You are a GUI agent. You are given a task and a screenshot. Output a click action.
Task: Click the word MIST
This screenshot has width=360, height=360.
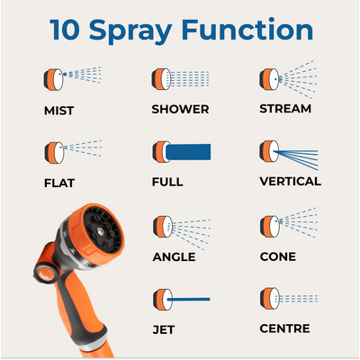click(x=58, y=112)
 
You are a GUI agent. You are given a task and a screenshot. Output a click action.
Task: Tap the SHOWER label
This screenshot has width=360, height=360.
click(x=180, y=110)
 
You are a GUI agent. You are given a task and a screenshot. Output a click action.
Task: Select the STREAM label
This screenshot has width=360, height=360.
click(x=284, y=109)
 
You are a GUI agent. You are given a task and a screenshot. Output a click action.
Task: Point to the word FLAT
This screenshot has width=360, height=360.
click(x=58, y=183)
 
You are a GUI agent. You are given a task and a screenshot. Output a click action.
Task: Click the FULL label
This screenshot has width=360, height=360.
click(x=167, y=182)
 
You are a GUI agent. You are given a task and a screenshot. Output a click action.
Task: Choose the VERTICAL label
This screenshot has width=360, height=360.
click(x=290, y=181)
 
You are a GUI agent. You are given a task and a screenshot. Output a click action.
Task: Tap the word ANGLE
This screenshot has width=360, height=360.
click(x=174, y=256)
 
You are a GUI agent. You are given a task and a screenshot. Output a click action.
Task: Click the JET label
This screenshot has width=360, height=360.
click(x=164, y=330)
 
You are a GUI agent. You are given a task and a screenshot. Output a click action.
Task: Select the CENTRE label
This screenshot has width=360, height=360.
click(x=284, y=330)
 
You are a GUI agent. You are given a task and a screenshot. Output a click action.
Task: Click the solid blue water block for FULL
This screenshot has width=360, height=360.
click(x=190, y=150)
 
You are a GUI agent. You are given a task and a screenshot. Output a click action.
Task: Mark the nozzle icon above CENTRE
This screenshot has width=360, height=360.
click(x=266, y=298)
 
